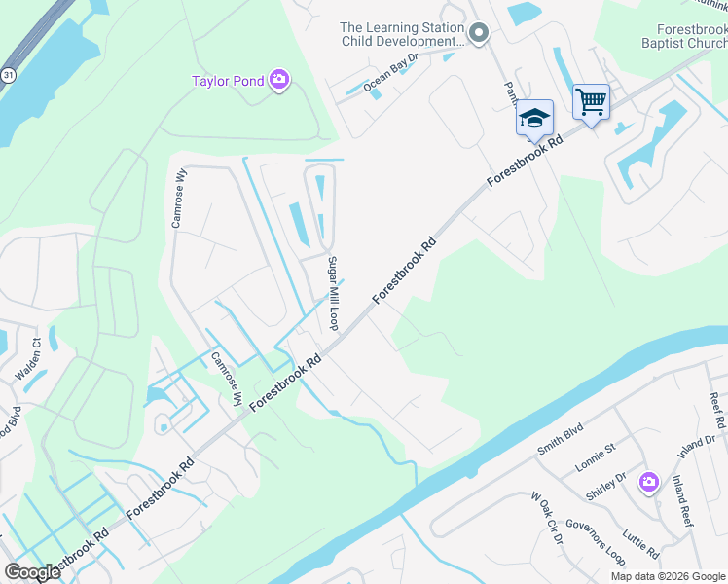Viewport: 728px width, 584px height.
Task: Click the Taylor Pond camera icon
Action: pos(279,81)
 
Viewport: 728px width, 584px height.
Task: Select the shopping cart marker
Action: pos(591,101)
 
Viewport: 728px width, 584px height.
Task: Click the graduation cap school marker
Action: pos(533,118)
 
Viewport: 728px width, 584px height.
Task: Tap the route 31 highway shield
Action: pos(8,74)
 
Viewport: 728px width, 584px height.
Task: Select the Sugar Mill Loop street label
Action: pos(332,293)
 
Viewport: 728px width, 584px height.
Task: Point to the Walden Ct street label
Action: pos(26,359)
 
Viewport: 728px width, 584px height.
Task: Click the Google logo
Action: pos(32,572)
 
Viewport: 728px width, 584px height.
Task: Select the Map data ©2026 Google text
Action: pos(668,576)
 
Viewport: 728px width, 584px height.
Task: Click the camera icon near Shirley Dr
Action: pos(649,482)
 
